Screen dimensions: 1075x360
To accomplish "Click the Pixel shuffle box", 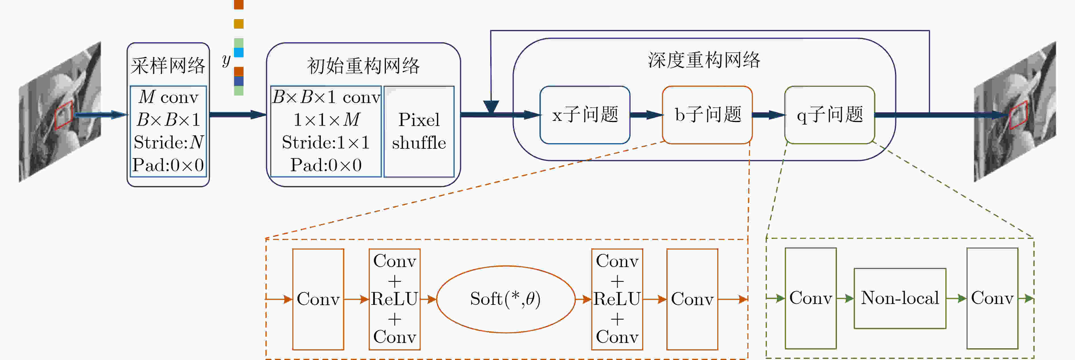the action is coord(419,131).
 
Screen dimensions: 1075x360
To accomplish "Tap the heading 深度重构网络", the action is coord(704,60).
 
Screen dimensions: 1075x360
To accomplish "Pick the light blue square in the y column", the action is coord(239,52).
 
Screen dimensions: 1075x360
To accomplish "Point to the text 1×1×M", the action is coord(326,120).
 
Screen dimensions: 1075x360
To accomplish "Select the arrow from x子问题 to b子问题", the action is coord(646,115).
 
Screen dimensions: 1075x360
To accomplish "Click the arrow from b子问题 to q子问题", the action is coord(769,115).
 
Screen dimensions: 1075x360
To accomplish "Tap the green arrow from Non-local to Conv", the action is coord(956,298).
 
